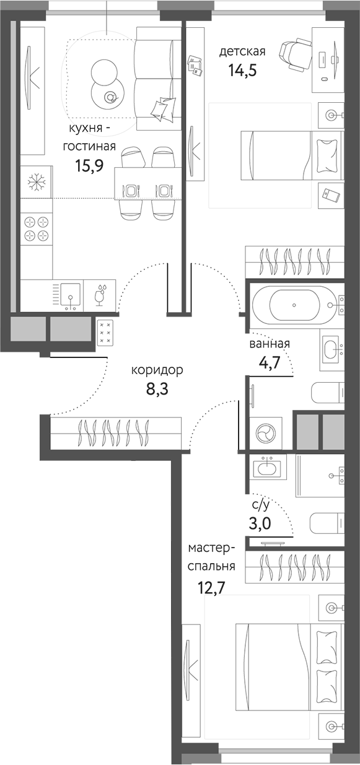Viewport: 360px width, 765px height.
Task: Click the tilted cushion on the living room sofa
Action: (164, 108)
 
